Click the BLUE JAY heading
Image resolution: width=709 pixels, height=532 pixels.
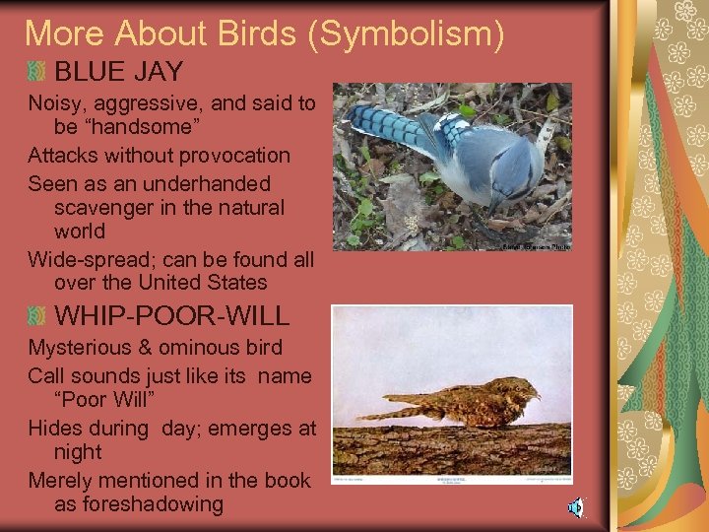pyautogui.click(x=119, y=71)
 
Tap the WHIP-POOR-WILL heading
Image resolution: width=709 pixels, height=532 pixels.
pyautogui.click(x=172, y=316)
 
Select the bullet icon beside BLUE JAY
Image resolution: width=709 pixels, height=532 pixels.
pyautogui.click(x=36, y=71)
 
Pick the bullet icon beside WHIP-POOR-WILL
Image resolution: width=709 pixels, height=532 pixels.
pyautogui.click(x=36, y=316)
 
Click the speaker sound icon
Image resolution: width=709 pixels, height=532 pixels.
pyautogui.click(x=574, y=508)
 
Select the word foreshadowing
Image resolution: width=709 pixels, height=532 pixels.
pyautogui.click(x=139, y=504)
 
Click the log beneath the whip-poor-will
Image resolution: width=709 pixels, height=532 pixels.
pyautogui.click(x=452, y=448)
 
